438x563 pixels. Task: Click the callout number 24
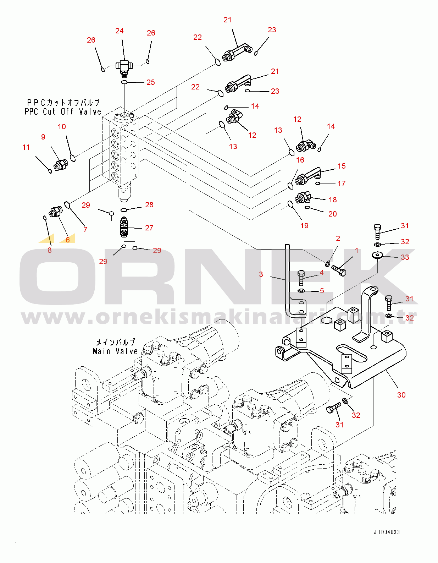tap(120, 31)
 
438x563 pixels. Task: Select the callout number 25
tap(151, 82)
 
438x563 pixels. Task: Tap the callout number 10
tap(62, 127)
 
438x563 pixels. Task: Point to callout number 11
tap(26, 147)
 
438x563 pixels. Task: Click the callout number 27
tap(149, 228)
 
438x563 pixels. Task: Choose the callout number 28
tap(149, 205)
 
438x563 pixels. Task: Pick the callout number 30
tap(401, 395)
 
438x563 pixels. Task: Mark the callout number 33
tap(405, 257)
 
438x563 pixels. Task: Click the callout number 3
tap(261, 274)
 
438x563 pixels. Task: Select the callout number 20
tap(333, 214)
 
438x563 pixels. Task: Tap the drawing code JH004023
tap(387, 532)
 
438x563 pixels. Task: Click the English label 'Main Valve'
tap(115, 351)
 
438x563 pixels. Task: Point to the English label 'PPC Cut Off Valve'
tap(63, 112)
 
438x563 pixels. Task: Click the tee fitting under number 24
tap(124, 67)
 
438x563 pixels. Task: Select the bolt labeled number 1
tap(339, 270)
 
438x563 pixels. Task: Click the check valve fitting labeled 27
tap(124, 227)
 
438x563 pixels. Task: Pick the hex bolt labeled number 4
tap(301, 278)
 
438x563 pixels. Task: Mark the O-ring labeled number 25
tap(124, 83)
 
